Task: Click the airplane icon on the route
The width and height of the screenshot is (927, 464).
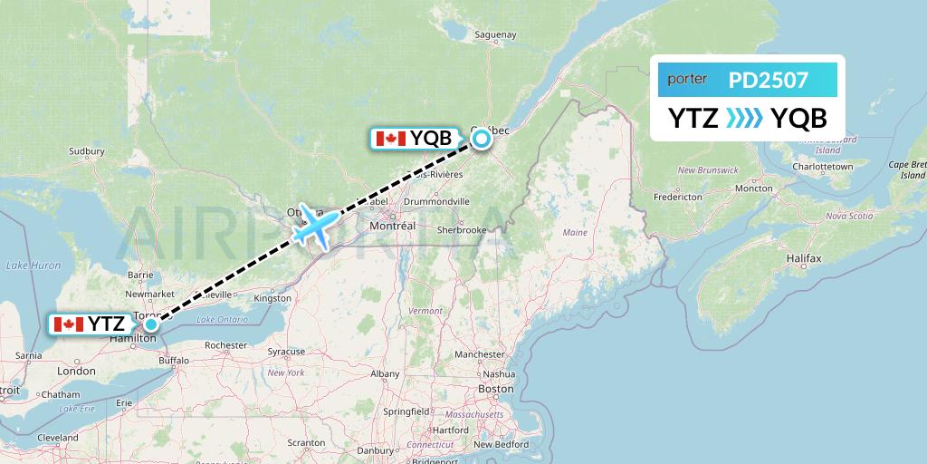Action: pyautogui.click(x=314, y=224)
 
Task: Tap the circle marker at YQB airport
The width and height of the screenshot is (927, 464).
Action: pyautogui.click(x=481, y=139)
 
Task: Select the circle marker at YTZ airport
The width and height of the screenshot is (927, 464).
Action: pyautogui.click(x=151, y=324)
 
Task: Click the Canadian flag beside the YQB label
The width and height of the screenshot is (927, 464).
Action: pyautogui.click(x=390, y=139)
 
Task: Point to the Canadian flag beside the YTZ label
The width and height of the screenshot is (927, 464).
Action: pyautogui.click(x=68, y=324)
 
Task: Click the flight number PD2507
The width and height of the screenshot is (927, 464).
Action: pyautogui.click(x=769, y=81)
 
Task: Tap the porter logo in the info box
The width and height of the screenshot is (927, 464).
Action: pyautogui.click(x=687, y=80)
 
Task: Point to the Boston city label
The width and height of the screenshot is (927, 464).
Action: pyautogui.click(x=496, y=389)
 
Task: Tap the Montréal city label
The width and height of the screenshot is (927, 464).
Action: pyautogui.click(x=392, y=225)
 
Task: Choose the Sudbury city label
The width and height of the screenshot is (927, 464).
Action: pyautogui.click(x=87, y=151)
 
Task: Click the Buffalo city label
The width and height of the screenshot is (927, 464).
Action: pyautogui.click(x=174, y=360)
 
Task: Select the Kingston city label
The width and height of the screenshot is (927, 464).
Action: pyautogui.click(x=273, y=298)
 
